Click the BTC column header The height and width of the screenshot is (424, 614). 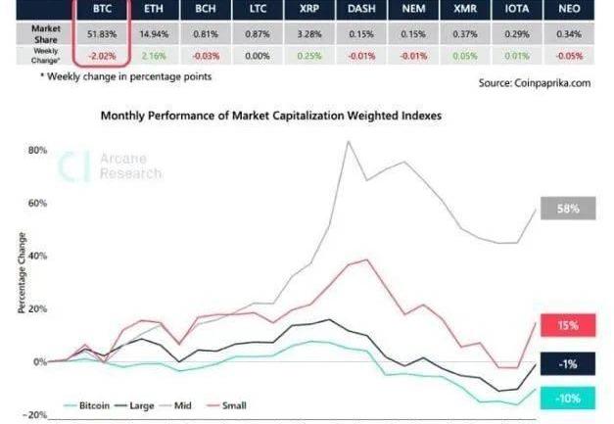coord(101,8)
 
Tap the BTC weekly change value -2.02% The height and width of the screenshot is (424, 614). coord(101,55)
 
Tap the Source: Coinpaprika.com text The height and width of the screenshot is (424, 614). coord(535,83)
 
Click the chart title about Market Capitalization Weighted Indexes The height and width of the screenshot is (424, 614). coord(271,116)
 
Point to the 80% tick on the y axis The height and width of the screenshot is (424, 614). coord(38,151)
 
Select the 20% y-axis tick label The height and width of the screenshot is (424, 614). coord(38,308)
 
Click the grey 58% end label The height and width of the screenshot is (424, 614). coord(569,209)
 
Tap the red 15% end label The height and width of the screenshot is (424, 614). coord(569,324)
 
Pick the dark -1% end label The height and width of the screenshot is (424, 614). coord(569,364)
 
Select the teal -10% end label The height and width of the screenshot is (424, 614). coord(569,398)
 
